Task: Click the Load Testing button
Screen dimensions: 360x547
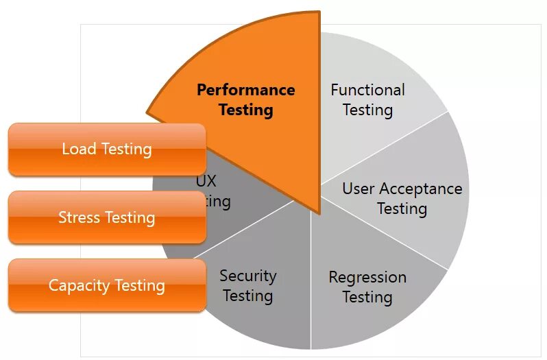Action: point(107,149)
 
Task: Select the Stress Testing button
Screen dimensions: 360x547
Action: point(107,217)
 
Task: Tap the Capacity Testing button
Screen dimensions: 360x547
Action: point(107,285)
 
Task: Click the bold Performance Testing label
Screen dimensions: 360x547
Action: point(246,99)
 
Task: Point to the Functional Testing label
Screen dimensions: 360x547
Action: point(367,99)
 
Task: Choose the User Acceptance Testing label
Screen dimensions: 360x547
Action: point(402,198)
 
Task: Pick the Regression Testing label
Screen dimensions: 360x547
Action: point(367,287)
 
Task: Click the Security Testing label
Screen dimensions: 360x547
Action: point(247,285)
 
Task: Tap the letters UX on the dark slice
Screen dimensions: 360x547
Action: point(206,182)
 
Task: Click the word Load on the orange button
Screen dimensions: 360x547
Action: point(79,149)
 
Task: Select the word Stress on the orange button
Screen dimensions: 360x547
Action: point(79,217)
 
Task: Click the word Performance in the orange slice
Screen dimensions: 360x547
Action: point(246,90)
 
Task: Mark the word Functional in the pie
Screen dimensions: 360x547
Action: point(367,90)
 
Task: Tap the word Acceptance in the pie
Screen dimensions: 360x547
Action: point(421,189)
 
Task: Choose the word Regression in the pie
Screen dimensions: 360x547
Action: point(367,277)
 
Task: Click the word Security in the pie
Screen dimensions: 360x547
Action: point(247,276)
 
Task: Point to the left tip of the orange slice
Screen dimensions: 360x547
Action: point(148,110)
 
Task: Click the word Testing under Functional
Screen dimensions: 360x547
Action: point(367,110)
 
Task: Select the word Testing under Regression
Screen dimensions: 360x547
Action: point(367,297)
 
